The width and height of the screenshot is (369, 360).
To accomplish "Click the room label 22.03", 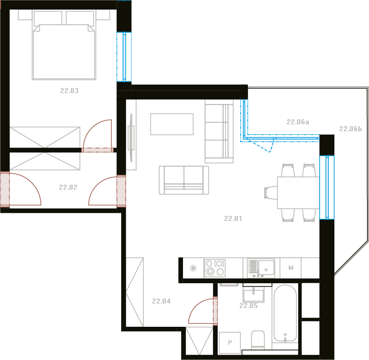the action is click(x=69, y=91).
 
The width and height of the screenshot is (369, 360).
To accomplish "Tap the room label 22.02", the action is click(x=68, y=187).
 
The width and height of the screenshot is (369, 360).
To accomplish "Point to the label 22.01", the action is click(x=233, y=219).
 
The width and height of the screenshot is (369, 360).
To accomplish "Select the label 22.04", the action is click(x=161, y=301).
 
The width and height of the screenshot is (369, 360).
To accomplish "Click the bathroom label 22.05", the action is click(x=248, y=306).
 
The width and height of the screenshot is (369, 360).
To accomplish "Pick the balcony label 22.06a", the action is click(x=298, y=122).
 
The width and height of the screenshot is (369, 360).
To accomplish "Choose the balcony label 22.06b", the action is click(x=350, y=129).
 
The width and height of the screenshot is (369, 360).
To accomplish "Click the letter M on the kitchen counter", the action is click(x=291, y=268).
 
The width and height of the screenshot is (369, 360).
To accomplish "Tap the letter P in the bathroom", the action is click(x=230, y=342).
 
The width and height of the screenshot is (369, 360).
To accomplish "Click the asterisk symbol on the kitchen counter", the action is click(x=193, y=268).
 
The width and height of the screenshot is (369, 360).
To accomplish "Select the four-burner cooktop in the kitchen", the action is click(x=215, y=268).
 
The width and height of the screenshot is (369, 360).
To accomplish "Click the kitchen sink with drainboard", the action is click(x=261, y=267).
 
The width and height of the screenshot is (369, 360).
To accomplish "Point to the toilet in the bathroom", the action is click(x=258, y=340).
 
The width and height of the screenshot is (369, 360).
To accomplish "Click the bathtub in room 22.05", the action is click(x=285, y=313).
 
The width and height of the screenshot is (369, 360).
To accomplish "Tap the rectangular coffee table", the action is click(x=172, y=124).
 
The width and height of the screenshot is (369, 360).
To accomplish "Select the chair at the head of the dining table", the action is click(x=271, y=193).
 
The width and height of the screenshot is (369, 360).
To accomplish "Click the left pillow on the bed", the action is click(x=48, y=18).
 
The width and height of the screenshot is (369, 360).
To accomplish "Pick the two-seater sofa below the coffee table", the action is click(x=184, y=180).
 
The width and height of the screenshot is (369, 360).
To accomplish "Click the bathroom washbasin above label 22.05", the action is click(x=253, y=295).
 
